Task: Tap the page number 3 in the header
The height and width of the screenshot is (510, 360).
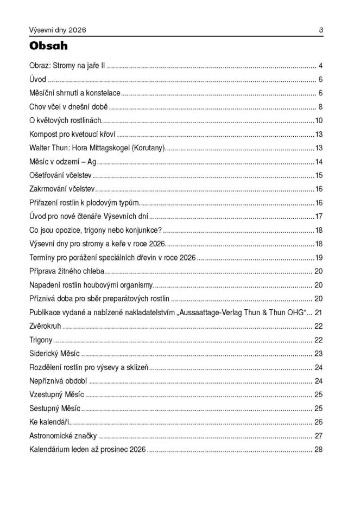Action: click(x=321, y=29)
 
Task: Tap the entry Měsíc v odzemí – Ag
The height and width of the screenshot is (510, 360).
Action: click(x=62, y=162)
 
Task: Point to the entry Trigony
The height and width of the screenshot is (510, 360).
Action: click(x=41, y=340)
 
